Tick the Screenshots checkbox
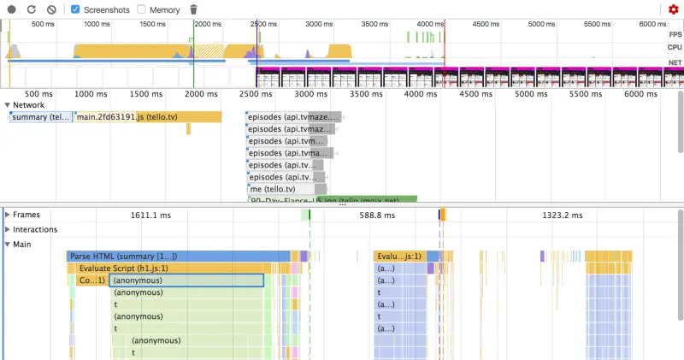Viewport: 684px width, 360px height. pos(75,9)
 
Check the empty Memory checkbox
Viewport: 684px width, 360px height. pos(141,9)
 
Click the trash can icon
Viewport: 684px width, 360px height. pos(193,9)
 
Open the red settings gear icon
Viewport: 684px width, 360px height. pos(674,9)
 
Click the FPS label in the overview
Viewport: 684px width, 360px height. pos(675,33)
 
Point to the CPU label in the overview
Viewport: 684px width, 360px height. pos(675,48)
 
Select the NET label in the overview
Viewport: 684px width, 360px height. pos(675,62)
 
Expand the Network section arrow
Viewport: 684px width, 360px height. pos(8,105)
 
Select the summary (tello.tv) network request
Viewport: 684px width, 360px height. pos(41,117)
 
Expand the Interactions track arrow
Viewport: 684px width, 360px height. pos(8,229)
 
